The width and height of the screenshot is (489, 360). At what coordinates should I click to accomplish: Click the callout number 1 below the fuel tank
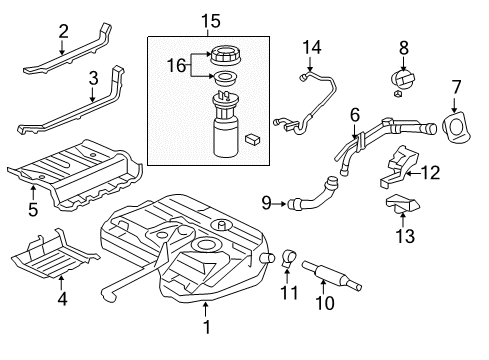[206, 325]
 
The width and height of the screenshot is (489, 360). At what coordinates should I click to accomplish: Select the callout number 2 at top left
[63, 31]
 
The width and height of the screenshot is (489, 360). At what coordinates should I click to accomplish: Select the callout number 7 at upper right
[457, 88]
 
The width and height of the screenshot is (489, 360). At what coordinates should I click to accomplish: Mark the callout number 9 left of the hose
[266, 204]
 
